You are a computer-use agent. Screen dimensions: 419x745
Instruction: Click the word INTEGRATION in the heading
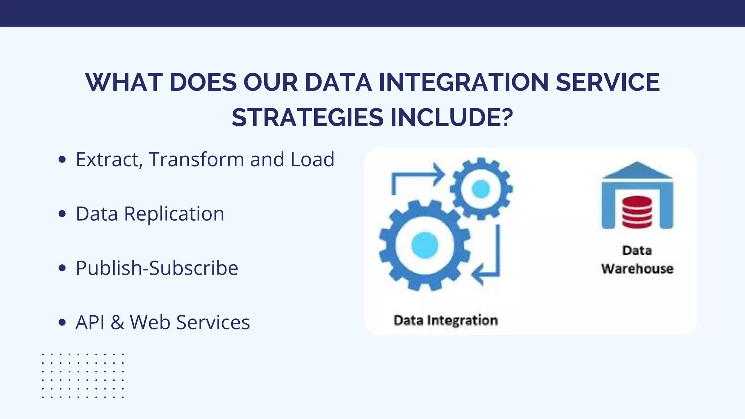(463, 82)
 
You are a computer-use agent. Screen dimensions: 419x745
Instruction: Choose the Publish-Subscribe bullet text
(157, 268)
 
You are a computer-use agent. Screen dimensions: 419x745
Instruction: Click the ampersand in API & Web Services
(117, 323)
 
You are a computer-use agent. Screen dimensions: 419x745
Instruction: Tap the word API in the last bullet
(90, 323)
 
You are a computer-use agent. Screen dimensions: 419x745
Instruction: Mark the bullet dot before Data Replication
(62, 214)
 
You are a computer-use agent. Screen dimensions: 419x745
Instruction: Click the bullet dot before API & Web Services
(62, 323)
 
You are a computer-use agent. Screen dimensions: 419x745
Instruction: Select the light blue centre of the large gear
(425, 245)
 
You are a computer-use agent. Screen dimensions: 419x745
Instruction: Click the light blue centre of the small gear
(481, 189)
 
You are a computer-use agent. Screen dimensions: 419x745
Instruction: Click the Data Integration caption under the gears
(446, 320)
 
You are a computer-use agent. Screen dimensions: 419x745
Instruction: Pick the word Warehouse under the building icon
(637, 269)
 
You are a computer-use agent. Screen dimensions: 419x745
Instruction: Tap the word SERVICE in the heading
(608, 82)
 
